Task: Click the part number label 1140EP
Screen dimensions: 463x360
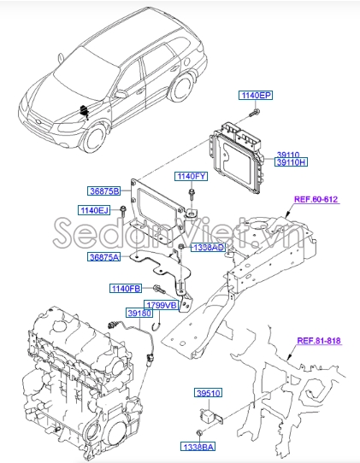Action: (255, 97)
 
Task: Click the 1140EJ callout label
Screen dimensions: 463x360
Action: (95, 208)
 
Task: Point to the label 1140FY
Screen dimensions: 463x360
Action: (192, 176)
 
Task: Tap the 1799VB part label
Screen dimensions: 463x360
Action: (159, 305)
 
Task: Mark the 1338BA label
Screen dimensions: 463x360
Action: (198, 447)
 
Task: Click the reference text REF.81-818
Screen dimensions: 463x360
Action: (318, 341)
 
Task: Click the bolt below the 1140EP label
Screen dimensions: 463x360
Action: (254, 111)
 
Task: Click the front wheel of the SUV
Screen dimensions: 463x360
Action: (96, 137)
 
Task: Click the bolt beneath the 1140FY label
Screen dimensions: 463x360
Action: (193, 195)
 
